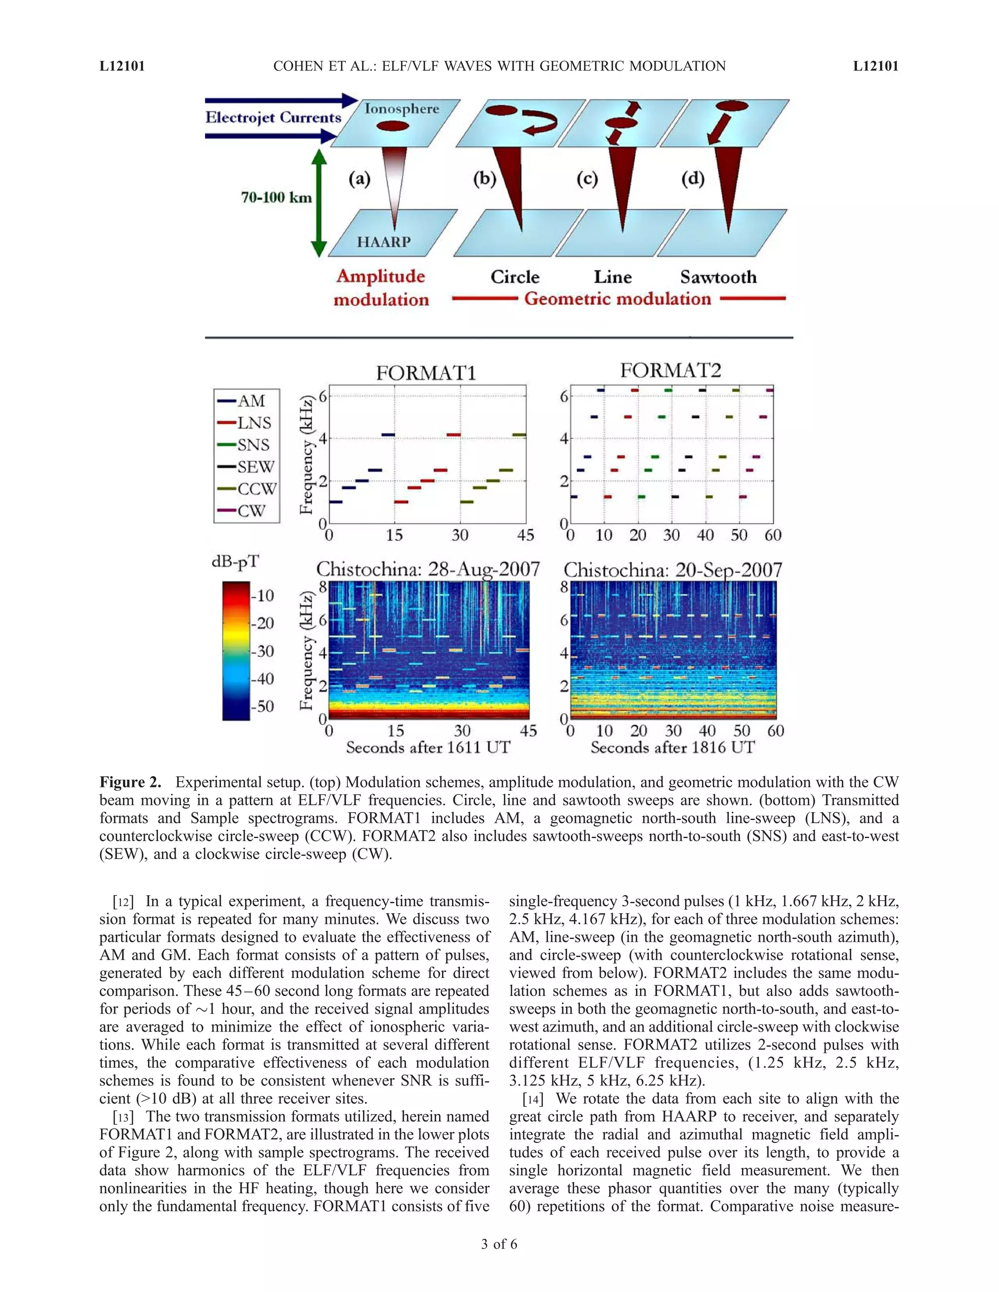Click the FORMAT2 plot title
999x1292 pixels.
(x=671, y=371)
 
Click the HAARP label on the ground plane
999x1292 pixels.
(x=383, y=242)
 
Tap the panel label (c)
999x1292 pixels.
(x=587, y=178)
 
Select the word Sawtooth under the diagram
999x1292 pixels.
(x=718, y=277)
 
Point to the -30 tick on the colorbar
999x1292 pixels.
(x=262, y=651)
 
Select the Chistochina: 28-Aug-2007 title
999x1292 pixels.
(x=427, y=569)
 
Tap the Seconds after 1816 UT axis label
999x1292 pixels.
(x=672, y=748)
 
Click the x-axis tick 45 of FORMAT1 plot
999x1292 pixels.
(x=525, y=535)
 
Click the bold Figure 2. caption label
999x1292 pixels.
(x=130, y=782)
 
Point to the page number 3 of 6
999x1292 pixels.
(x=499, y=1244)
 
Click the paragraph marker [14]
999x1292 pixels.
(x=533, y=1099)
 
